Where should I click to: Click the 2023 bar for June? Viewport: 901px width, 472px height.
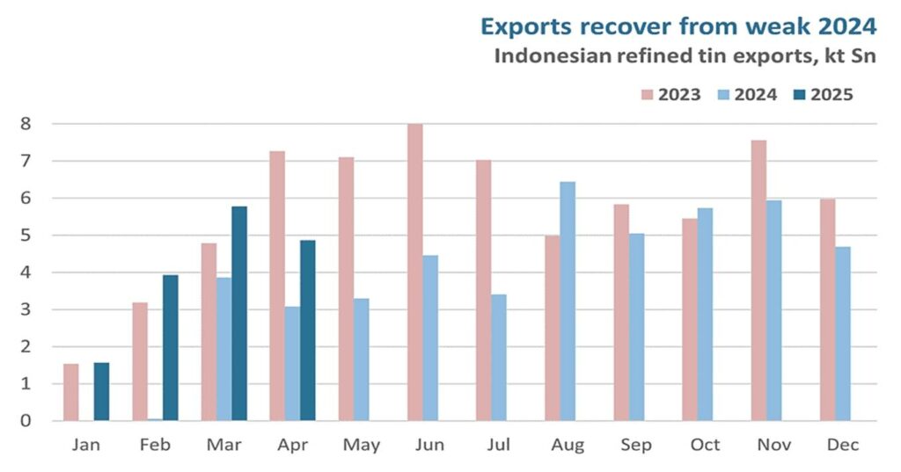point(414,272)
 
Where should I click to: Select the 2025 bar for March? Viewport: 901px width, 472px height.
point(238,314)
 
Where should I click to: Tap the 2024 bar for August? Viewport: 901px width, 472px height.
point(568,301)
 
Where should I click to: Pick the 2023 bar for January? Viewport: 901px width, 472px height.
point(71,392)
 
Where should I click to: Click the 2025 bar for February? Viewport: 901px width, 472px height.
point(170,348)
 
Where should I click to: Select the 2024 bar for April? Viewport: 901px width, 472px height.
point(292,364)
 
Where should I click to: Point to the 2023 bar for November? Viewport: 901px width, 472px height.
point(758,280)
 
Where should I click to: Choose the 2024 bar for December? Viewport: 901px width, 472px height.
point(842,334)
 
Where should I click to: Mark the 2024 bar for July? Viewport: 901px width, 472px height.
point(499,358)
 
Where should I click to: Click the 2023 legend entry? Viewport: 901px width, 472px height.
point(669,94)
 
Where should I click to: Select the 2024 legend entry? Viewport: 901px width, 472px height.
point(745,94)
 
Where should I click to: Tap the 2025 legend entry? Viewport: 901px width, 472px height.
point(822,94)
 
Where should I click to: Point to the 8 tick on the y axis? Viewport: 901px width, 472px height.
point(26,124)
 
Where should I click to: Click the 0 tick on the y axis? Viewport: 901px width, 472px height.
point(26,421)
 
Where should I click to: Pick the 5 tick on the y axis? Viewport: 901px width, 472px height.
point(26,236)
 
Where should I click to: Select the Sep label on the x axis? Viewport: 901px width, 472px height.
point(636,446)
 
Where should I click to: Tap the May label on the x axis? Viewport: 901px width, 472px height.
point(361,446)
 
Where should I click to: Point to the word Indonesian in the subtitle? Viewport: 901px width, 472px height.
point(545,57)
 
